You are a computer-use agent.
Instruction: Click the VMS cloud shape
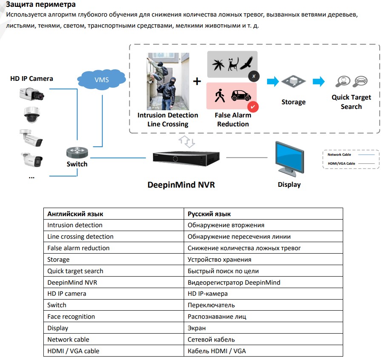point(102,80)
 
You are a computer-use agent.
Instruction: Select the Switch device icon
point(77,152)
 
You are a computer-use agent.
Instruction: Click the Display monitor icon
point(289,158)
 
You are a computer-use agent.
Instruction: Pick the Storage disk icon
point(293,83)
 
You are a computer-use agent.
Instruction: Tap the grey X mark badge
point(253,76)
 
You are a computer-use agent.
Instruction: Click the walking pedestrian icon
point(219,96)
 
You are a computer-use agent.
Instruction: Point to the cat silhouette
point(233,64)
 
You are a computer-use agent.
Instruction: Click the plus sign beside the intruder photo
point(197,81)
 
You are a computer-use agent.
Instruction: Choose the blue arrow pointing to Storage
point(273,81)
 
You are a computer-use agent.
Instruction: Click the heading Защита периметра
point(35,5)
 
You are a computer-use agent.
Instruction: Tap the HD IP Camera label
point(31,78)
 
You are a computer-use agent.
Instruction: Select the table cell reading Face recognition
point(71,317)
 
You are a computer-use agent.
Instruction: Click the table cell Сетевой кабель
point(211,340)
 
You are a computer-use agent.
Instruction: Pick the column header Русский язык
point(209,214)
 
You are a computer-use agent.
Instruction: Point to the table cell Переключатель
point(211,305)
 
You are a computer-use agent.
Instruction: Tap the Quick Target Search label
point(351,102)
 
